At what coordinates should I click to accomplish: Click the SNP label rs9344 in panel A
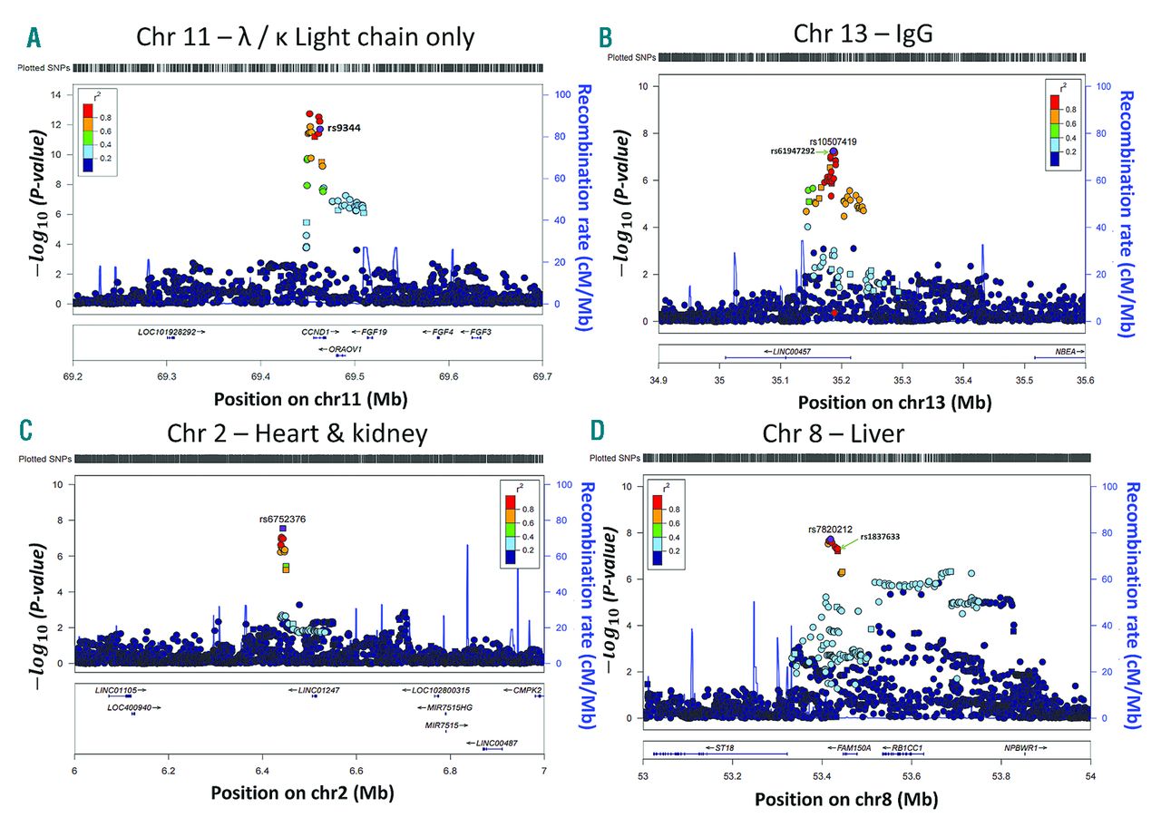[x=344, y=128]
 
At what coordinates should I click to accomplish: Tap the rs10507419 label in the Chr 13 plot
[x=826, y=141]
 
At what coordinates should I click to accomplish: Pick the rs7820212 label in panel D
[x=831, y=529]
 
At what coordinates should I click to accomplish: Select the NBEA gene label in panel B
[x=1066, y=349]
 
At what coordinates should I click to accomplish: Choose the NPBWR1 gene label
[x=1022, y=748]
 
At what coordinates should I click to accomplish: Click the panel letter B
[x=605, y=37]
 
